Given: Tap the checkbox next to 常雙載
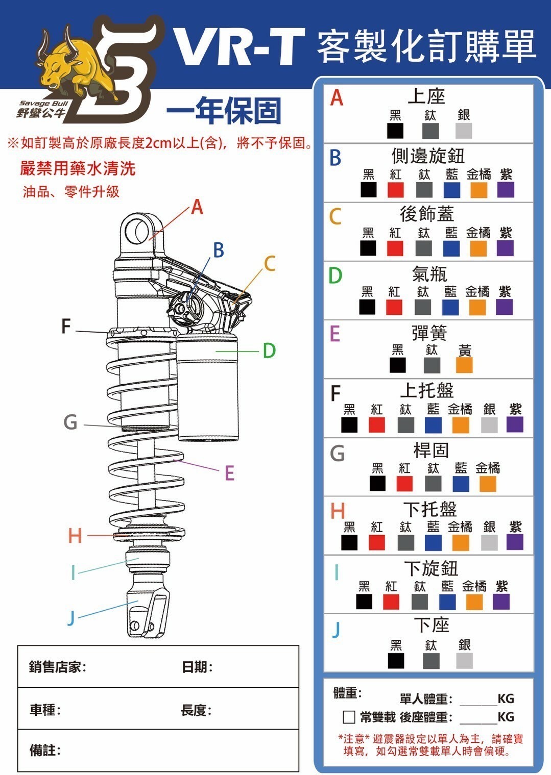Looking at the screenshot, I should point(349,717).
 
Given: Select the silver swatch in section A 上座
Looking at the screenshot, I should point(464,131).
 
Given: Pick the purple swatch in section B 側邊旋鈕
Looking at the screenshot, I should point(506,190).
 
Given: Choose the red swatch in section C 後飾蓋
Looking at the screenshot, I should point(395,248).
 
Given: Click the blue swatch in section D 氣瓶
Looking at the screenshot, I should point(450,307).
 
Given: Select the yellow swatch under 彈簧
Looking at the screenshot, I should point(464,365).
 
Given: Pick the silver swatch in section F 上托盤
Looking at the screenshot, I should point(489,424).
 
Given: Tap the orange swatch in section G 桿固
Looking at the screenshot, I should point(488,484).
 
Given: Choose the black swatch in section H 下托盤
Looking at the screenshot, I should point(349,542).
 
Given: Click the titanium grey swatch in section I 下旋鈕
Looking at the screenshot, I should point(420,602).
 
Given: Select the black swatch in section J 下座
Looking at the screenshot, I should point(396,661).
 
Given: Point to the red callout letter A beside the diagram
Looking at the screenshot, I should point(197,207).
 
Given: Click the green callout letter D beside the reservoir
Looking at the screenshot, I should point(269,351).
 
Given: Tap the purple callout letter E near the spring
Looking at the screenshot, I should point(229,473).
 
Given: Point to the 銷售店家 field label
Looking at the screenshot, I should point(57,667).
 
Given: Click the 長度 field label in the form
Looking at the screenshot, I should point(196,710).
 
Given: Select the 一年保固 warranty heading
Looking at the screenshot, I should point(224,111).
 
